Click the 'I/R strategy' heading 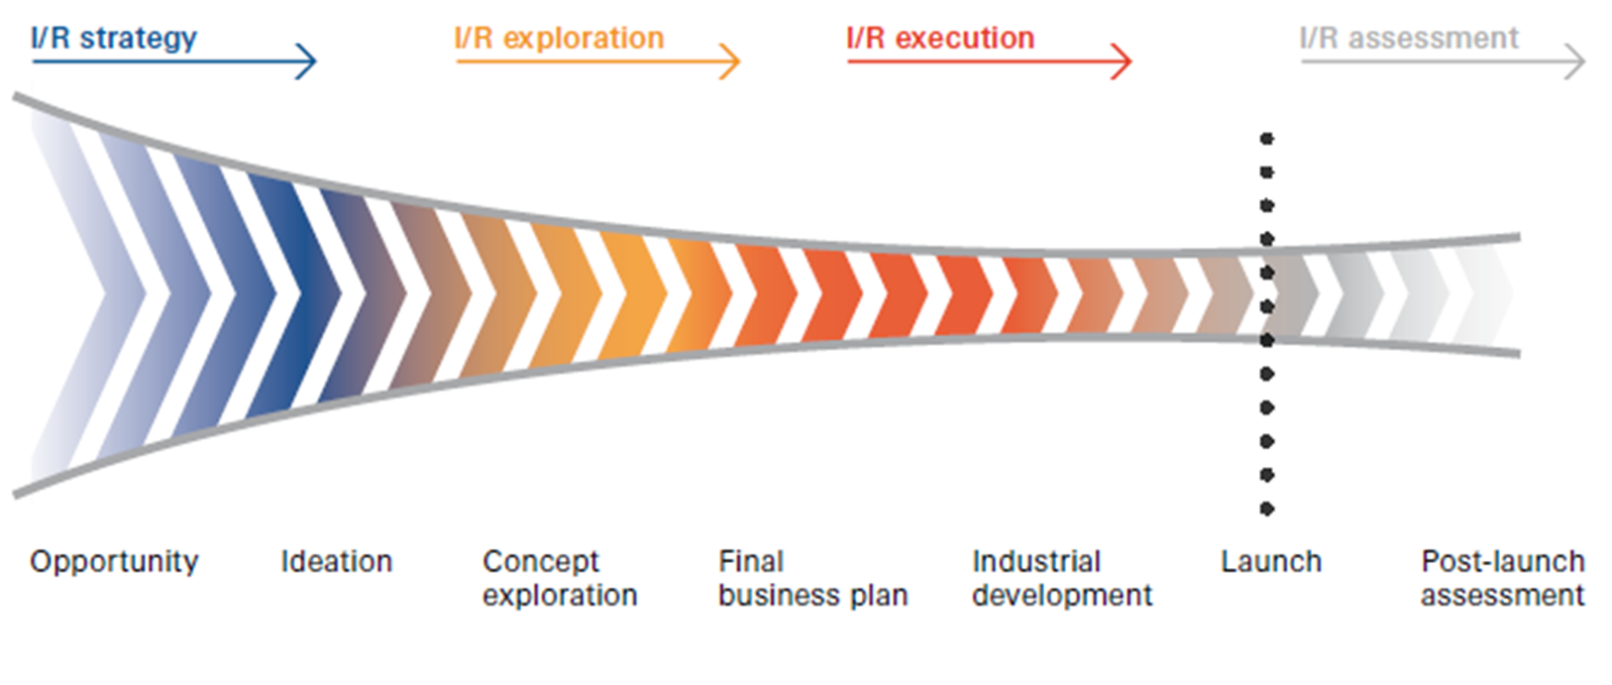pos(114,39)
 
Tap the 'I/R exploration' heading pos(559,39)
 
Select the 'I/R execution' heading pos(940,39)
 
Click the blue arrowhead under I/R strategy pos(307,61)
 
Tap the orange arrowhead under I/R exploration pos(731,61)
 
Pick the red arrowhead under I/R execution pos(1123,61)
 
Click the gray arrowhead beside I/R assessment pos(1576,61)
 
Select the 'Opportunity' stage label pos(114,562)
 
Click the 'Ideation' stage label pos(337,562)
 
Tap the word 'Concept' pos(540,562)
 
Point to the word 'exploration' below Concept pos(560,596)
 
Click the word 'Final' pos(751,562)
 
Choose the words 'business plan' pos(813,596)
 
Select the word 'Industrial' pos(1036,562)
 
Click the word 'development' pos(1062,596)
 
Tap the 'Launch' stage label pos(1271,562)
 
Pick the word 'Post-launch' pos(1503,562)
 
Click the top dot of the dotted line pos(1267,139)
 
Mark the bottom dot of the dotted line pos(1267,510)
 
